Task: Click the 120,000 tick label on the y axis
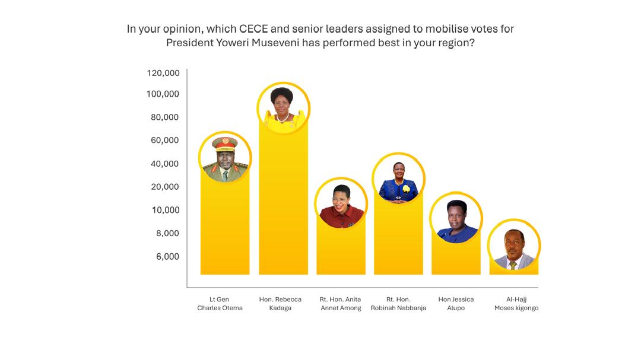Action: click(163, 73)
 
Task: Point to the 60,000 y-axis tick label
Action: click(164, 141)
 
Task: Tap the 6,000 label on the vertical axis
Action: click(167, 257)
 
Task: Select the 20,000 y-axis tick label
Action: click(164, 187)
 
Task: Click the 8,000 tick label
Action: click(167, 234)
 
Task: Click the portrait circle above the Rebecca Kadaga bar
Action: click(283, 108)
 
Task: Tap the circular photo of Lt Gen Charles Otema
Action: click(225, 157)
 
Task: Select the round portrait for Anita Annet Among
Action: click(341, 203)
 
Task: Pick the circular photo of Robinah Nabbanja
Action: click(398, 179)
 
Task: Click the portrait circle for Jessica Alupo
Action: click(456, 218)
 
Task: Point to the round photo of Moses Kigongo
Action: click(514, 246)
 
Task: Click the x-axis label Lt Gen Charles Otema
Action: click(220, 304)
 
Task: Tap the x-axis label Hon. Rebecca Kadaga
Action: click(280, 304)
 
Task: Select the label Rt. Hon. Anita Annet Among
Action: click(341, 304)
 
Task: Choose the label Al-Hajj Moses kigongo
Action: click(516, 304)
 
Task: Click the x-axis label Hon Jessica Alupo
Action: click(456, 304)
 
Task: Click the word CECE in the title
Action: click(255, 28)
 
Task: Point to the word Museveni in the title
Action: click(269, 43)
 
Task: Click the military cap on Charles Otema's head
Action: click(225, 143)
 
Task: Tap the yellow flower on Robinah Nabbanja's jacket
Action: click(407, 189)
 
